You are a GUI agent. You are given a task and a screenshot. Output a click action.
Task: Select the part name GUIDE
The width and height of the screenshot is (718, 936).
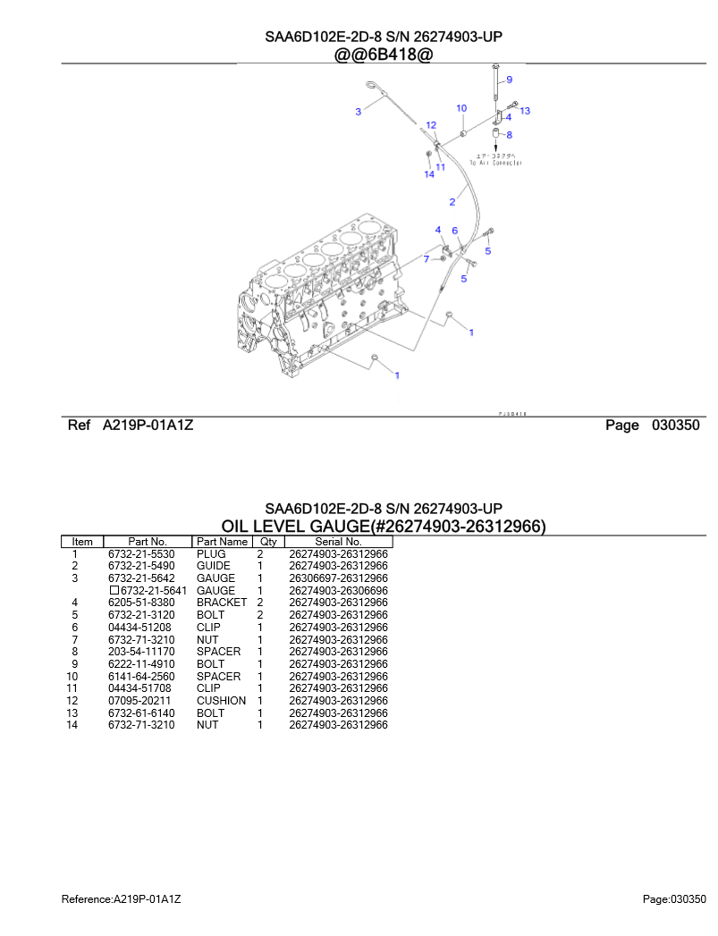(213, 566)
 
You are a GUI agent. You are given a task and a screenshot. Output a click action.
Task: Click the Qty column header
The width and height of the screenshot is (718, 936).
(266, 542)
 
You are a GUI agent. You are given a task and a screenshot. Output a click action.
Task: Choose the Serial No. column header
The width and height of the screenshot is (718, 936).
(338, 542)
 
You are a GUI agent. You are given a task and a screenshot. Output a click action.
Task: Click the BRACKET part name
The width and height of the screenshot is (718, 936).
(221, 603)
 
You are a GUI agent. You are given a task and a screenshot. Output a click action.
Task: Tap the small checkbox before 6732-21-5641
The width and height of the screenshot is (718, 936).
(114, 591)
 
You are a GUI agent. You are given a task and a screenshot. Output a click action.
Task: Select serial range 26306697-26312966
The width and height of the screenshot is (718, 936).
(338, 578)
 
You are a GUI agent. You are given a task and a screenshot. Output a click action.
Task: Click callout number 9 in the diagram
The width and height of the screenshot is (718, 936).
(509, 80)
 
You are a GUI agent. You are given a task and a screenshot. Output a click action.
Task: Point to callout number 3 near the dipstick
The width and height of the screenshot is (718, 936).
(358, 112)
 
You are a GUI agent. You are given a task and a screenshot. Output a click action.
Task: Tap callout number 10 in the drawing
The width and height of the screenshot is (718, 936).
(461, 108)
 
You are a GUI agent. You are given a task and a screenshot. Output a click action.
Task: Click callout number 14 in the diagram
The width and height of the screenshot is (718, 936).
(429, 174)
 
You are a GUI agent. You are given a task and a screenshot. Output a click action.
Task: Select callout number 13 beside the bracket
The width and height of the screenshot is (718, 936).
(525, 111)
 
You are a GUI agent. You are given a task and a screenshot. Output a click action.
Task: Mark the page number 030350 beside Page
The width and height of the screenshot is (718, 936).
(675, 426)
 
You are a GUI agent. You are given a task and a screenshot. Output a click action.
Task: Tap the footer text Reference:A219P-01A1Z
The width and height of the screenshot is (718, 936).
(127, 898)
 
